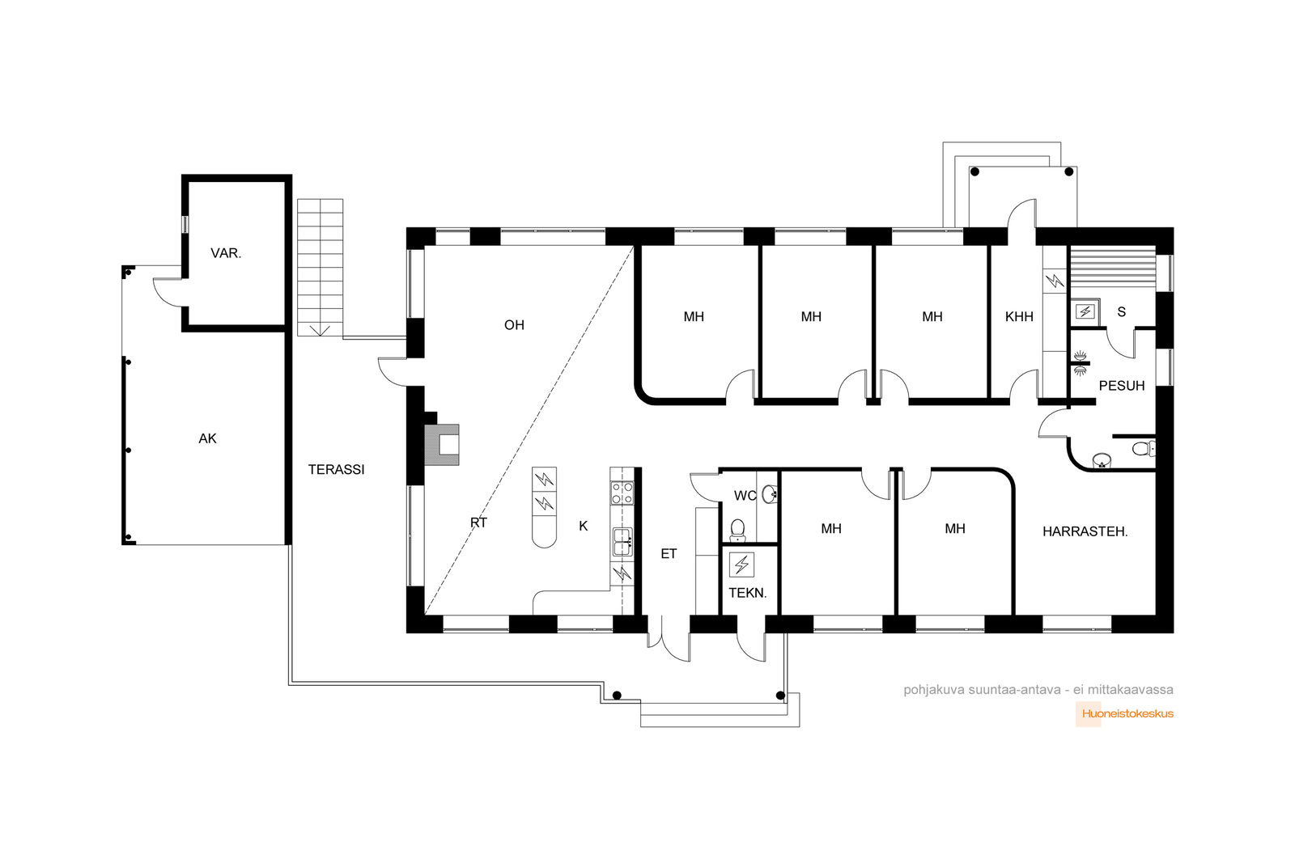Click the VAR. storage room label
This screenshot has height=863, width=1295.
226,253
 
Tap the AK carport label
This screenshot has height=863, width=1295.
207,438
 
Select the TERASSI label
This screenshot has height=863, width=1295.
336,470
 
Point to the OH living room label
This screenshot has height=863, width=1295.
514,325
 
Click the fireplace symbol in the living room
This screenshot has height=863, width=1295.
443,445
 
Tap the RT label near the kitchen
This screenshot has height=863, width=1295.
478,522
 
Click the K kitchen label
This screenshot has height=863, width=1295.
584,526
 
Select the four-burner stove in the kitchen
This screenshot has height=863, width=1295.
622,493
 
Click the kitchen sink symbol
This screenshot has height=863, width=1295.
622,542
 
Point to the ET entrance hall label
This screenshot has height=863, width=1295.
669,554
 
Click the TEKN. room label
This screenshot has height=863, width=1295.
748,593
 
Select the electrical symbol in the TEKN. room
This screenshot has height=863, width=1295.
741,565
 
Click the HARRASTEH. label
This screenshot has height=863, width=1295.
1085,532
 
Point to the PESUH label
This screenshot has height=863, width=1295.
1122,386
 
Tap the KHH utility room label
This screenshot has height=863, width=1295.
1019,316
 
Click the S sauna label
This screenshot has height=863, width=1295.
1122,312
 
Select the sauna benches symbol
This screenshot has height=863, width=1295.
1112,270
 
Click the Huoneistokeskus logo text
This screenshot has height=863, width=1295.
1127,713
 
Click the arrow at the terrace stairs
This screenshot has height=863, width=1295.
320,331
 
